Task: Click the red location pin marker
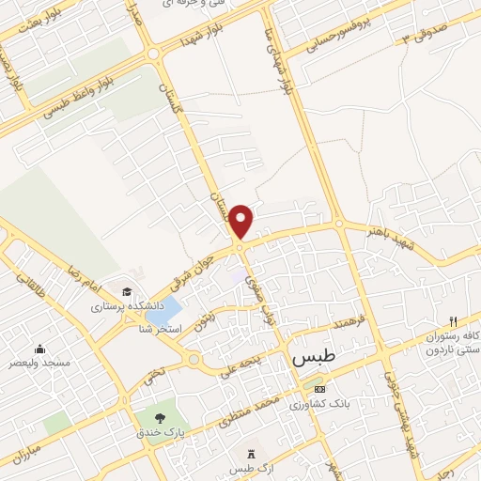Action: point(242,222)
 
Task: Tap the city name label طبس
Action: point(319,358)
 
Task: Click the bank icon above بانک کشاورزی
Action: point(319,388)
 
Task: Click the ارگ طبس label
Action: point(250,469)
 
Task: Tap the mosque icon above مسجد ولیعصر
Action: point(39,347)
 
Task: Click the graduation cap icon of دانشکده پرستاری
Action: point(127,291)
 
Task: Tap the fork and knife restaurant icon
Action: point(453,321)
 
